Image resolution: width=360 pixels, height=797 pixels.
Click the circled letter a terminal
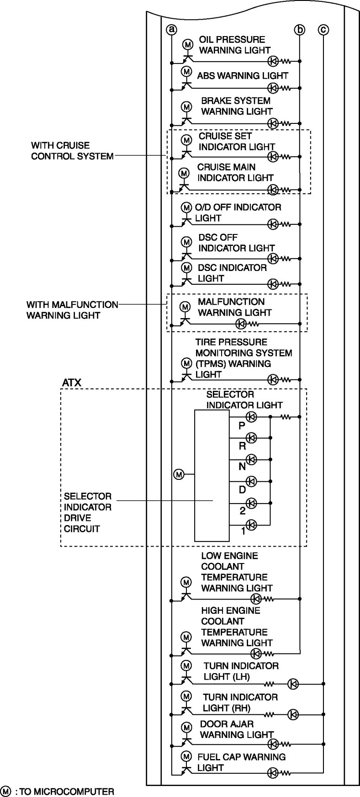[171, 30]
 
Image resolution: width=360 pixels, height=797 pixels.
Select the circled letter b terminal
[299, 30]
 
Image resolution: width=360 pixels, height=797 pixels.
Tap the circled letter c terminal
[323, 30]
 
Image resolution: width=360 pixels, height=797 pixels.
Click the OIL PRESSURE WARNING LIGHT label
[234, 45]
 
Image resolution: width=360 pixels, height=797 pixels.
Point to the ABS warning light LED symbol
[273, 88]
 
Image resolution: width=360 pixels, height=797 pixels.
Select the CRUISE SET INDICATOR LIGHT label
[236, 141]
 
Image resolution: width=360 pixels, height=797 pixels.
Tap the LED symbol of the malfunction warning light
[241, 324]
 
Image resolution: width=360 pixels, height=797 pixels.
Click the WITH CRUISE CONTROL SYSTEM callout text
[72, 151]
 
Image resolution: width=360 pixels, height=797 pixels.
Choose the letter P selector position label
[242, 426]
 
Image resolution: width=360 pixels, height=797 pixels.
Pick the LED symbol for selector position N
[251, 459]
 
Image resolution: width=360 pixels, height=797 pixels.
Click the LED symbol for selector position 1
[251, 525]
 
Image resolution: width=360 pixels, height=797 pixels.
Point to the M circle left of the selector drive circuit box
[179, 474]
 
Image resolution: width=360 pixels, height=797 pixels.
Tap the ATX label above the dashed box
[72, 383]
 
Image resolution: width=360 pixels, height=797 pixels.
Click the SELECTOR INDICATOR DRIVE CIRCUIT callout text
[88, 512]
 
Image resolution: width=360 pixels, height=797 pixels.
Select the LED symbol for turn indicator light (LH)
[293, 684]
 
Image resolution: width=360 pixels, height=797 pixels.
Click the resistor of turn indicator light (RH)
[270, 714]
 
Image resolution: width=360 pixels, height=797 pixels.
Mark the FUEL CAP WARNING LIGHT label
[241, 762]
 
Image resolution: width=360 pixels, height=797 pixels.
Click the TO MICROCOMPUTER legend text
[64, 791]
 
